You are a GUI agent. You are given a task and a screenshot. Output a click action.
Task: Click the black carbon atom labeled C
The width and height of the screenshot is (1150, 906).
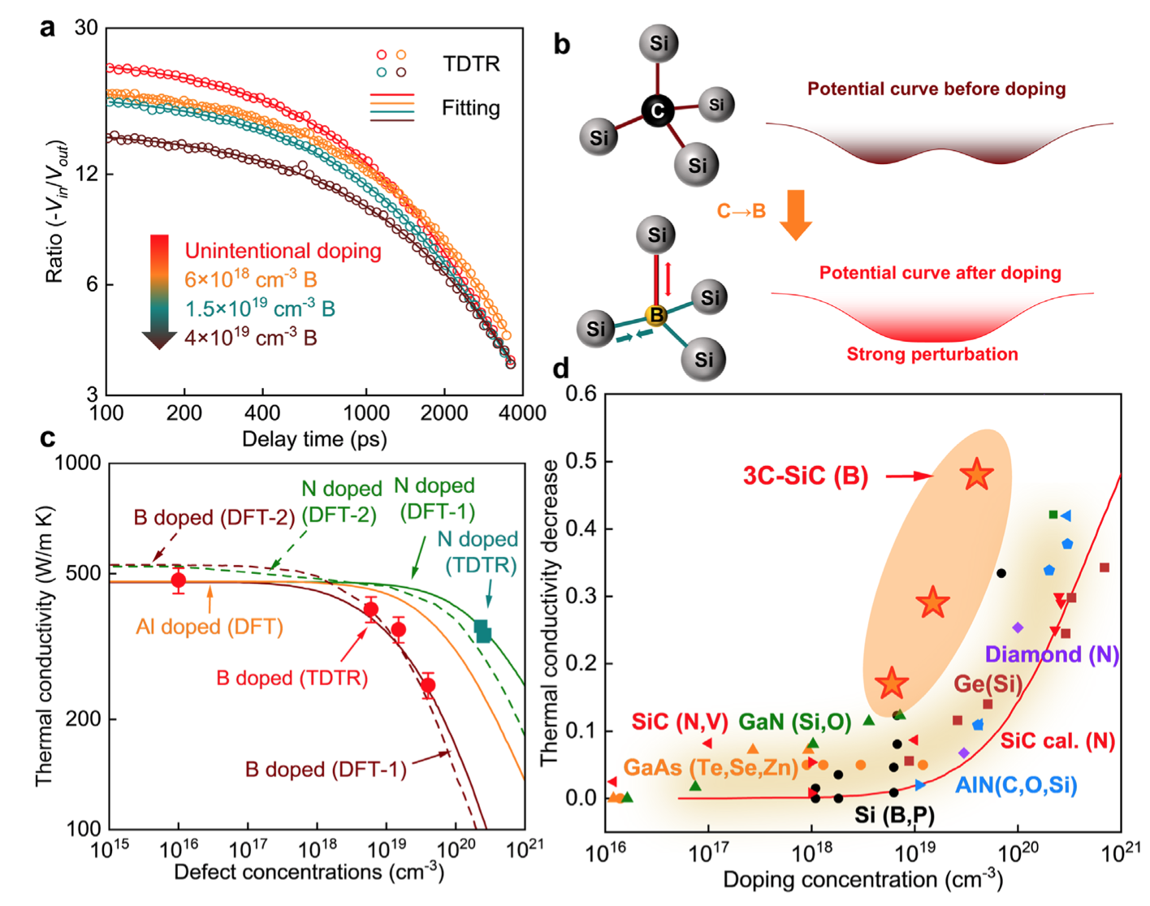[x=657, y=110]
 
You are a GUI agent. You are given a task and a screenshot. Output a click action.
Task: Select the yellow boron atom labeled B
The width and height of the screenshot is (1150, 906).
[x=656, y=314]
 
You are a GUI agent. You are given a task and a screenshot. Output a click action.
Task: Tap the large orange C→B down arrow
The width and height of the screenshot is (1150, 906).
[x=796, y=214]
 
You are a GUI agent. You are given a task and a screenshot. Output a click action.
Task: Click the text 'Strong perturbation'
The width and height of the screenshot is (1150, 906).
[x=932, y=354]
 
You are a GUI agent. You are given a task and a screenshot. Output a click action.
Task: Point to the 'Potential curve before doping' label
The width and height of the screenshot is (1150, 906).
[x=936, y=88]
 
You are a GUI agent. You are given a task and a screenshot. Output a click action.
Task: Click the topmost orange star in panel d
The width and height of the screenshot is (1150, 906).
[x=976, y=474]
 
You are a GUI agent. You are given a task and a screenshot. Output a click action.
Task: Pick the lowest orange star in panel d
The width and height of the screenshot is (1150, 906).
[x=892, y=684]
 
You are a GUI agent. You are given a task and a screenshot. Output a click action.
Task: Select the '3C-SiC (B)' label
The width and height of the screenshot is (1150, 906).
[x=805, y=476]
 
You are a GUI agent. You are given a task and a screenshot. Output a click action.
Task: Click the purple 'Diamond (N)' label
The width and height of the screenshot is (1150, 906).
[x=1052, y=654]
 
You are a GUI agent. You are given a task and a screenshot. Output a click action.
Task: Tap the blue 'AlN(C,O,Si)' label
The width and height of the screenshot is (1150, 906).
[x=1016, y=785]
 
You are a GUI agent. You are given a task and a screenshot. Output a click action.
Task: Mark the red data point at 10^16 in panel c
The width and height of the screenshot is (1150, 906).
[x=179, y=580]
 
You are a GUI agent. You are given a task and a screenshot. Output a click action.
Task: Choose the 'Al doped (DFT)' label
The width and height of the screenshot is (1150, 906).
[x=210, y=627]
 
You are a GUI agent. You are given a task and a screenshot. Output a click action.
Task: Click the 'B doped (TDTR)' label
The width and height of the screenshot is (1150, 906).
[x=292, y=678]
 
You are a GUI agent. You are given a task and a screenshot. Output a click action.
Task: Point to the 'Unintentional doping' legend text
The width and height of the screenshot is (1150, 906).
[x=283, y=251]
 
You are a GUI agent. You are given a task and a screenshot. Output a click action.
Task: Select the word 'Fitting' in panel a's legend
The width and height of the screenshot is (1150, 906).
[x=470, y=108]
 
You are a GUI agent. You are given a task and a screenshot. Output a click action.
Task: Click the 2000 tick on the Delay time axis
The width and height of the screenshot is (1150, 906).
[x=443, y=413]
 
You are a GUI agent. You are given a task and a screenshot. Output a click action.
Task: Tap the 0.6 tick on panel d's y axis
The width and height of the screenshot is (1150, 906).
[x=581, y=394]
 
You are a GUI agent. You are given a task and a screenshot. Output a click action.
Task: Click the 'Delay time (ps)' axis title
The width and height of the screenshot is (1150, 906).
[x=314, y=439]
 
